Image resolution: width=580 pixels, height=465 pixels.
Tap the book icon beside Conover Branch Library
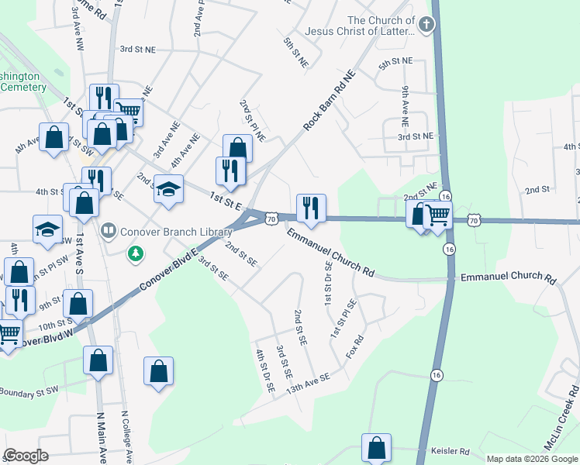point(109,230)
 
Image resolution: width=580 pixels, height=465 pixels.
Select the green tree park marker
point(136,253)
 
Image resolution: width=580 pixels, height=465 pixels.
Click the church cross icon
point(425,26)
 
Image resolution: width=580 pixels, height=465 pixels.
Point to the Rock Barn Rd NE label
point(329,100)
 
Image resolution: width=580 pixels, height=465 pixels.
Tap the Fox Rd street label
point(354,349)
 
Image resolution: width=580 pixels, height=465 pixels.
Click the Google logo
point(26,456)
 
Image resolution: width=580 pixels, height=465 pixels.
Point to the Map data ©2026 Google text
point(532,459)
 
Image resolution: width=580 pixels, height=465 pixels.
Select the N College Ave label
point(127,435)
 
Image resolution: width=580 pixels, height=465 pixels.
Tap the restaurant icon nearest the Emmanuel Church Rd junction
point(311,208)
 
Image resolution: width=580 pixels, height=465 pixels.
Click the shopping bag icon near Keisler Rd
point(376,447)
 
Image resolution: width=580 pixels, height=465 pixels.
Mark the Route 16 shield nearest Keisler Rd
point(437,375)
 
